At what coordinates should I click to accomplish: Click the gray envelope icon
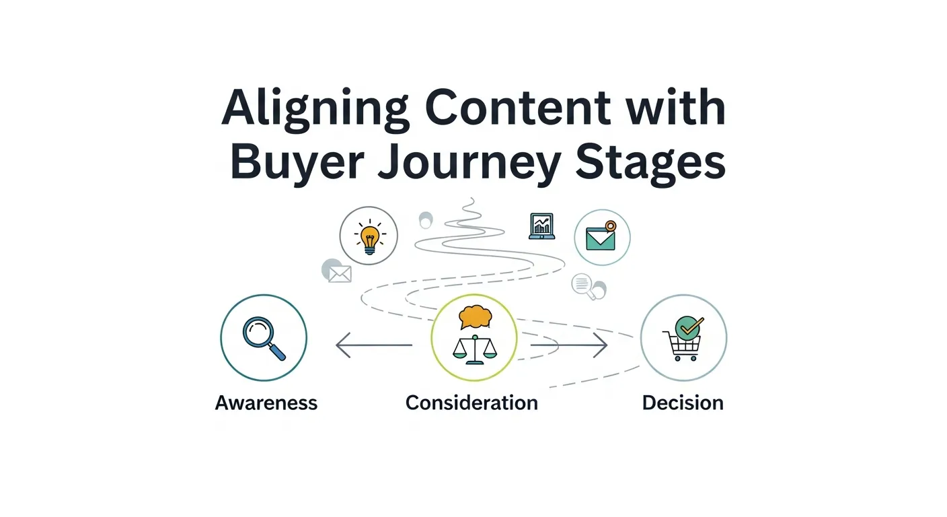tap(340, 273)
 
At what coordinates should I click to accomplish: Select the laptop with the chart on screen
tap(541, 226)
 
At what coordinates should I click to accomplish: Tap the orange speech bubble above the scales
tap(473, 316)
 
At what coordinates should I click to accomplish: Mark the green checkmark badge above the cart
tap(688, 329)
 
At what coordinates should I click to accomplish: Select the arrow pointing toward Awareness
tap(373, 346)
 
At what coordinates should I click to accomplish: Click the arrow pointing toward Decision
tap(569, 346)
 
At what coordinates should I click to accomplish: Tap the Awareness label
tap(266, 403)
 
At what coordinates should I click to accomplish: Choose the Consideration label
tap(471, 403)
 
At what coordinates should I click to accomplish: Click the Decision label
tap(683, 403)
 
